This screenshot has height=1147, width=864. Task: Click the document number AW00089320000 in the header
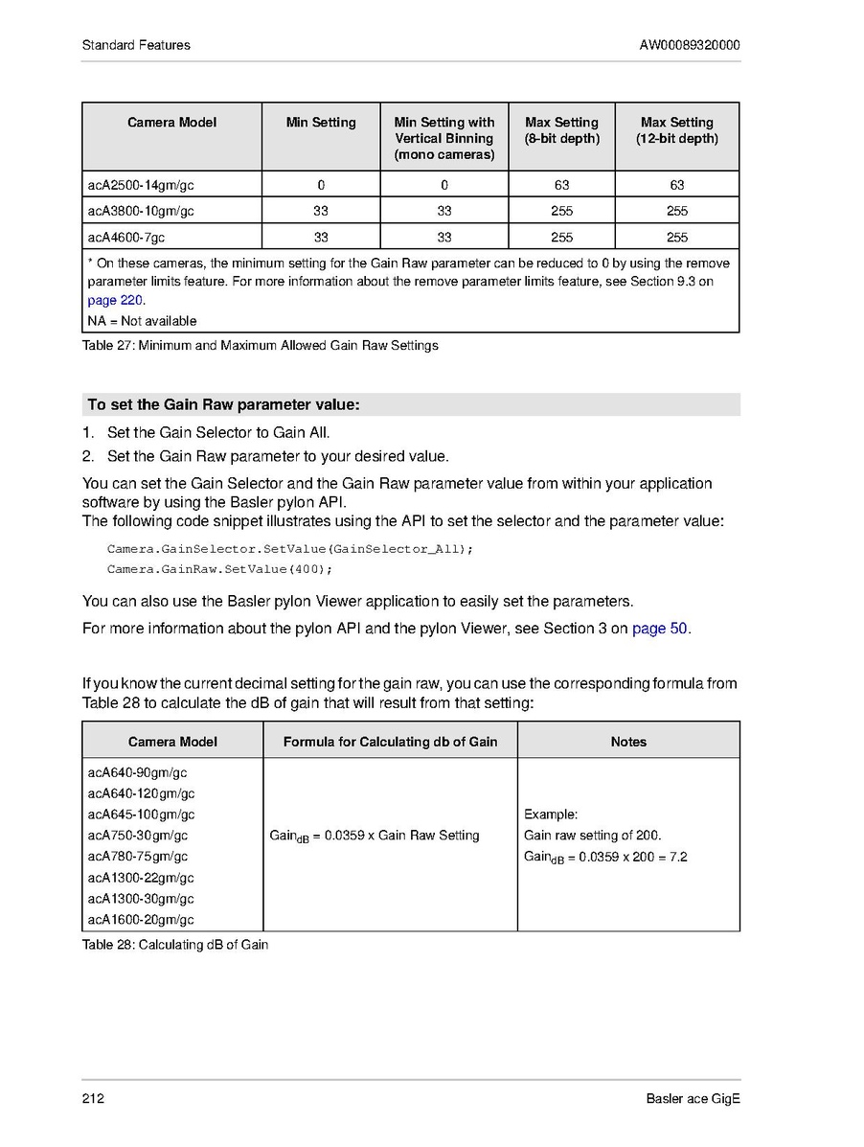tap(689, 45)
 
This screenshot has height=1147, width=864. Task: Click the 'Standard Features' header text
tap(136, 45)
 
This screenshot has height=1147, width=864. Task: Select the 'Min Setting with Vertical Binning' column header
tap(444, 138)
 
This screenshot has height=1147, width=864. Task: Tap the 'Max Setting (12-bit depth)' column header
tap(676, 130)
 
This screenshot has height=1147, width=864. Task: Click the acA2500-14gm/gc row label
tap(140, 185)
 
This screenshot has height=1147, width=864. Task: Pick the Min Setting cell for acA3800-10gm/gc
tap(321, 211)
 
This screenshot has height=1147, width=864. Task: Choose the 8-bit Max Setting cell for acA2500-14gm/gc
tap(561, 185)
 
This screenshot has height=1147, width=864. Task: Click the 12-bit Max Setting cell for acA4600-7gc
tap(676, 238)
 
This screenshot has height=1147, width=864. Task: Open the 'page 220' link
tap(115, 300)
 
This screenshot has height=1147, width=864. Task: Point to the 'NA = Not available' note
tap(142, 321)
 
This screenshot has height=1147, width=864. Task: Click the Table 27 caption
tap(260, 345)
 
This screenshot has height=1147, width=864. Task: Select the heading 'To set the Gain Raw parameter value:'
tap(223, 404)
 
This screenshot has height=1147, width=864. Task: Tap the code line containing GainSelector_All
tap(290, 549)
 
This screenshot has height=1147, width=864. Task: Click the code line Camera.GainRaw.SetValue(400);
tap(219, 569)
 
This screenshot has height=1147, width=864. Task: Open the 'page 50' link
tap(660, 629)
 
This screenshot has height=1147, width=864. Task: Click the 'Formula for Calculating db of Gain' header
tap(390, 742)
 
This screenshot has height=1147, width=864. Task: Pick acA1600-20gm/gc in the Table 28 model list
tap(141, 920)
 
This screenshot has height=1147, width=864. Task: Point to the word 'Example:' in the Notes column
tap(551, 814)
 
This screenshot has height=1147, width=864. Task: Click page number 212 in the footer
tap(93, 1098)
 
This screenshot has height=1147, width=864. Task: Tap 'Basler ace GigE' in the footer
tap(693, 1098)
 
